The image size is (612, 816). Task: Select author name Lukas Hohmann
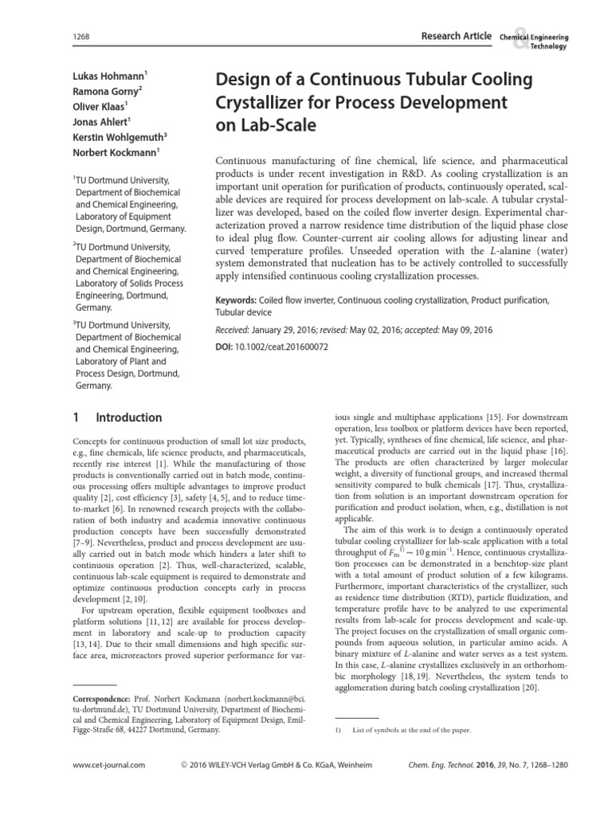click(108, 77)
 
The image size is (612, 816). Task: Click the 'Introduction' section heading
click(128, 417)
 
